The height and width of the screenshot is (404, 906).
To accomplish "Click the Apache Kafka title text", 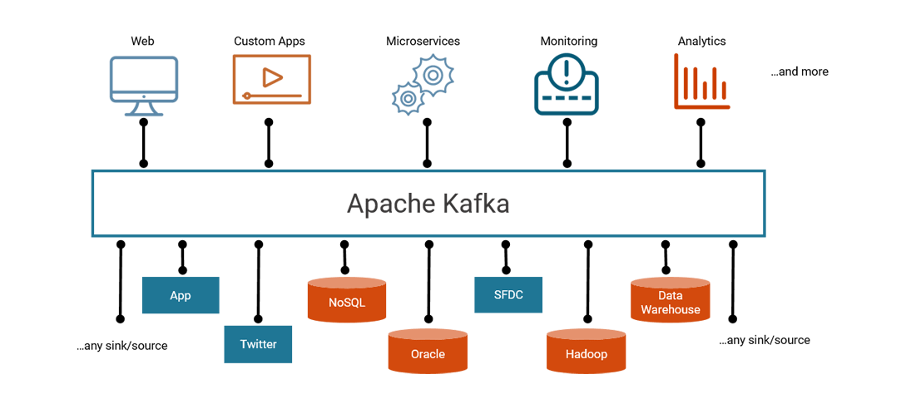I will pyautogui.click(x=428, y=204).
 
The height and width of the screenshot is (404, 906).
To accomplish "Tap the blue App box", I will pyautogui.click(x=180, y=295).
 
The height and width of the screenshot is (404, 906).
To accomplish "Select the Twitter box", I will pyautogui.click(x=258, y=344).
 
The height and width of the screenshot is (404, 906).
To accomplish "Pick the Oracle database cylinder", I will pyautogui.click(x=428, y=352).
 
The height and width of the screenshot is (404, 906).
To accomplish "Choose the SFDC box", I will pyautogui.click(x=507, y=295).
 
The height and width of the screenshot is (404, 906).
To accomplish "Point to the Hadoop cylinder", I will pyautogui.click(x=587, y=352).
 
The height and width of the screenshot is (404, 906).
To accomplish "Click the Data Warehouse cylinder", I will pyautogui.click(x=670, y=301).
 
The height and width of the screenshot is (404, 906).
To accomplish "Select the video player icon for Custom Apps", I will pyautogui.click(x=271, y=79).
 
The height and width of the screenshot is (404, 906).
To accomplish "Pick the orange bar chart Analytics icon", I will pyautogui.click(x=701, y=81).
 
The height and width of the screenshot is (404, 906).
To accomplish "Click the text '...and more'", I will pyautogui.click(x=799, y=72).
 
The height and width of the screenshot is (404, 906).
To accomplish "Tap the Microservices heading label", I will pyautogui.click(x=423, y=41).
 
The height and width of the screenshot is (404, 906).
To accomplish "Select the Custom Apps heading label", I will pyautogui.click(x=269, y=41).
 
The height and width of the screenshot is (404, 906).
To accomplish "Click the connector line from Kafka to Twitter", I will pyautogui.click(x=258, y=283).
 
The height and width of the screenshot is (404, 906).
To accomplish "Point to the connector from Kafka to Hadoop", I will pyautogui.click(x=588, y=283).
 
